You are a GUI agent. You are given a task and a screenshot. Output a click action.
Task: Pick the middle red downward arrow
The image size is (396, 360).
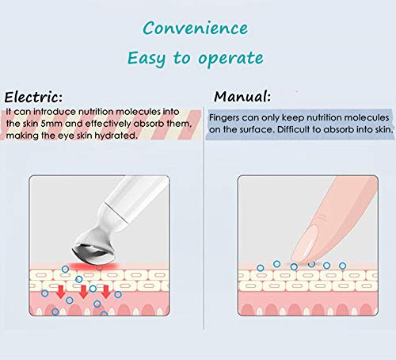pos(83,293)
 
